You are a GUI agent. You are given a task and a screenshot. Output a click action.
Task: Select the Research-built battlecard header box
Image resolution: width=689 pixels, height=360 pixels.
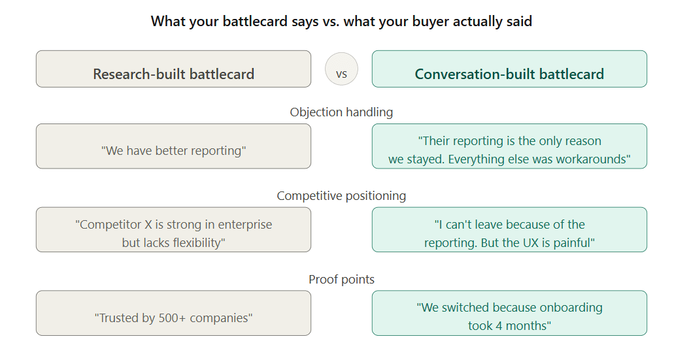[173, 69]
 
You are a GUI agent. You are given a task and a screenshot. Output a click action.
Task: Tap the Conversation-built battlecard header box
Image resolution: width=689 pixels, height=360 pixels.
[509, 69]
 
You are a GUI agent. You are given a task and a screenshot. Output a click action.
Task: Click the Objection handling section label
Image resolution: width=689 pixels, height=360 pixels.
[341, 112]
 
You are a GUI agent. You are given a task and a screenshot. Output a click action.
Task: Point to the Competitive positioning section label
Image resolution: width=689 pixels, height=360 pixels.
[341, 196]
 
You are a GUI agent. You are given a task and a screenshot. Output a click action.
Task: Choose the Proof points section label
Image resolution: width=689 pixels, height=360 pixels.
[341, 280]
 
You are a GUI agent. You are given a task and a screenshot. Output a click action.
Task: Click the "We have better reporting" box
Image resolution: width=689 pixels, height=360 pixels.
[173, 146]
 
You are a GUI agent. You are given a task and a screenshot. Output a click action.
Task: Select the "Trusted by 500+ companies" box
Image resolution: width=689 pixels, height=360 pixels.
[173, 313]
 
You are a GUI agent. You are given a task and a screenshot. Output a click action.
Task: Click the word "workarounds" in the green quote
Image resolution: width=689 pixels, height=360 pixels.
[595, 159]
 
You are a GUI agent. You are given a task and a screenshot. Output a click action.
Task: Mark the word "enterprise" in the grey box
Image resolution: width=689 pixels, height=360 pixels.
[241, 225]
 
